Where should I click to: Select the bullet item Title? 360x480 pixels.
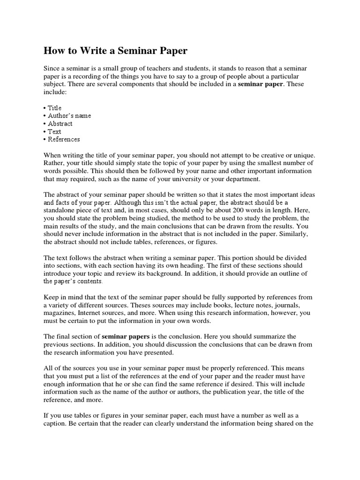tap(54, 108)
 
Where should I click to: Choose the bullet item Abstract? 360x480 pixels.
tap(60, 124)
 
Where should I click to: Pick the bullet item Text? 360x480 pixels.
tap(54, 132)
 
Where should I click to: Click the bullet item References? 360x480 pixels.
tap(64, 139)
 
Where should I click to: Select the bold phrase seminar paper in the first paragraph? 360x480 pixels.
tap(261, 84)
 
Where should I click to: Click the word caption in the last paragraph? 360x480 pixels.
tap(55, 423)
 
